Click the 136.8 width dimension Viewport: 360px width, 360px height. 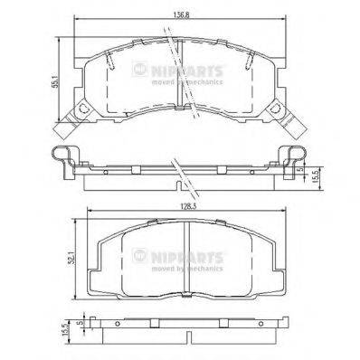point(181,13)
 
